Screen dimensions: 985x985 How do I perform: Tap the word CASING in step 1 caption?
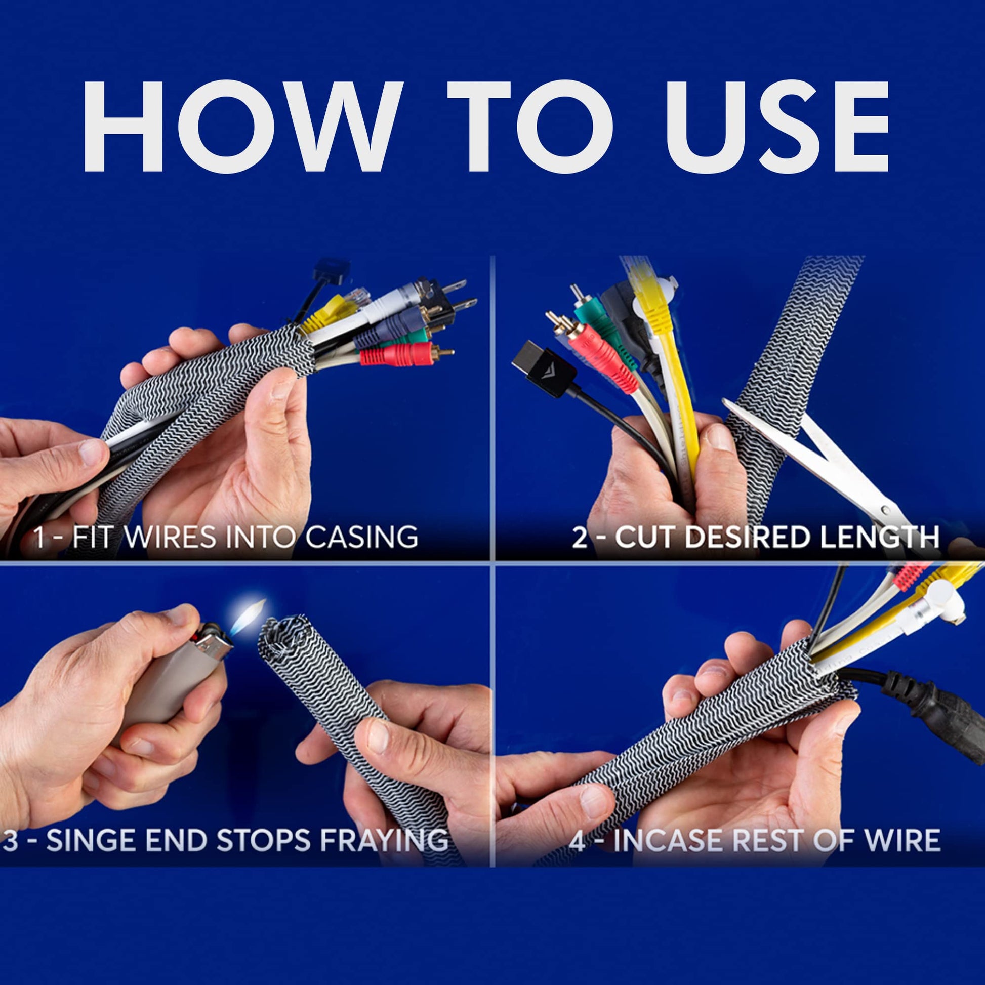(x=361, y=537)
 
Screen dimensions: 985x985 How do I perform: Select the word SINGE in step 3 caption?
(x=91, y=840)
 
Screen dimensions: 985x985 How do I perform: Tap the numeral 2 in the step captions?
(x=580, y=538)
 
